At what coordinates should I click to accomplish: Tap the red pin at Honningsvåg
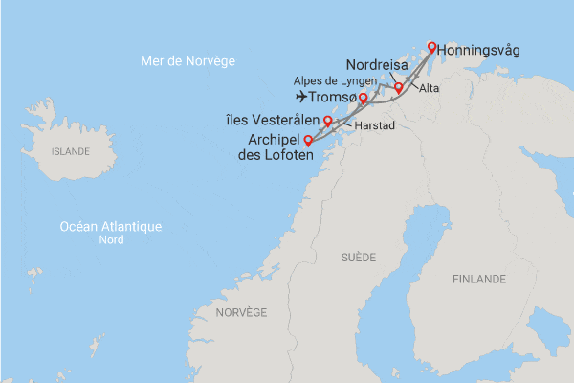pyautogui.click(x=431, y=47)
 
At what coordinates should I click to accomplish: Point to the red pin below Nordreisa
pyautogui.click(x=398, y=88)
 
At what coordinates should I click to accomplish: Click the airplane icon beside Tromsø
pyautogui.click(x=303, y=97)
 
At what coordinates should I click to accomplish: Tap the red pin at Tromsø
pyautogui.click(x=363, y=99)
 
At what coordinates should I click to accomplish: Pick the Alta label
pyautogui.click(x=430, y=88)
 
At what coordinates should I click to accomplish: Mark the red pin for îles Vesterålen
pyautogui.click(x=327, y=121)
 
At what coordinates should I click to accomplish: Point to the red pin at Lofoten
pyautogui.click(x=308, y=142)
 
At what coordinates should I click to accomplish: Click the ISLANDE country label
pyautogui.click(x=70, y=151)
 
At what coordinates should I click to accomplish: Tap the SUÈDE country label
pyautogui.click(x=359, y=258)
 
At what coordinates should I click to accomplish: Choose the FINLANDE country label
pyautogui.click(x=479, y=279)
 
